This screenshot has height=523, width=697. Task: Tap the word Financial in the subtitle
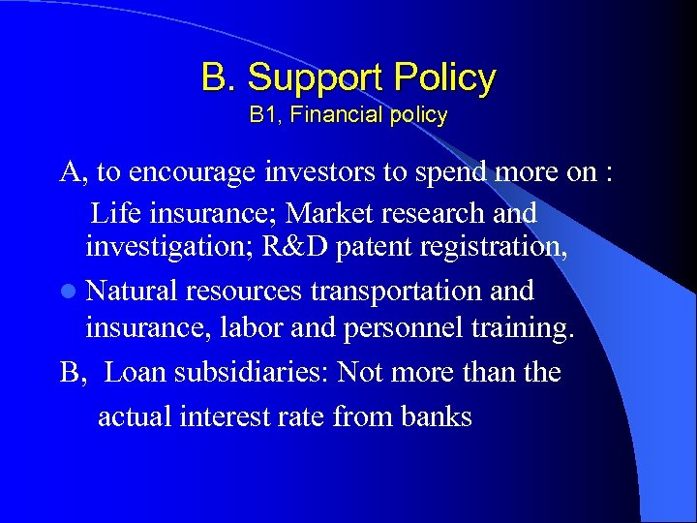[x=332, y=115]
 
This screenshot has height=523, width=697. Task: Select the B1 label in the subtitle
[x=264, y=115]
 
